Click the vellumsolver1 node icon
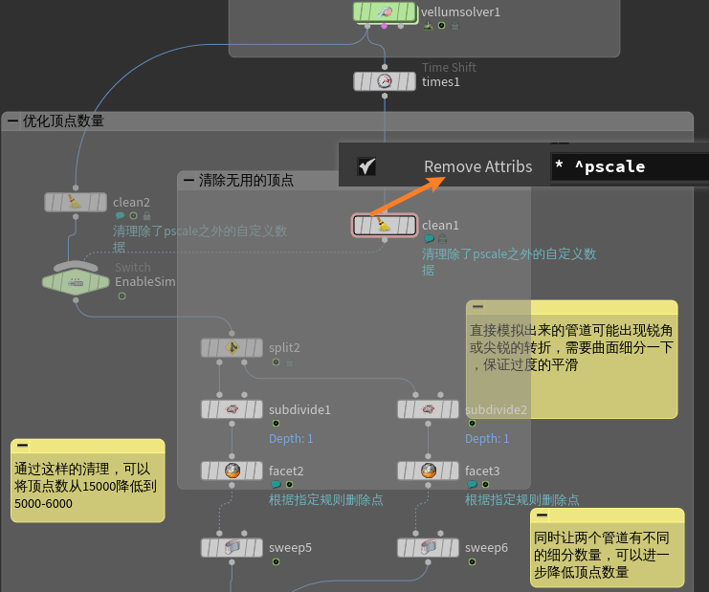[x=385, y=11]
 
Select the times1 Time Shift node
[x=385, y=81]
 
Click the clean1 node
[x=385, y=225]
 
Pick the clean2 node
[x=76, y=202]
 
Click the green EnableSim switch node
[x=76, y=281]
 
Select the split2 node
[x=232, y=347]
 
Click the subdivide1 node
[x=232, y=409]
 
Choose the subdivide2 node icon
[x=428, y=409]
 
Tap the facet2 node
[x=232, y=471]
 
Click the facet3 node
[x=428, y=471]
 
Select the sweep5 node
[x=232, y=547]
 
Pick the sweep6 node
[x=428, y=547]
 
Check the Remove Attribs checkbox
[x=366, y=166]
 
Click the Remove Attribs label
[x=477, y=166]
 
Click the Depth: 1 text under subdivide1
[x=290, y=438]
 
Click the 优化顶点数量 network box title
[x=63, y=121]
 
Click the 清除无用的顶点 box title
[x=246, y=180]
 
